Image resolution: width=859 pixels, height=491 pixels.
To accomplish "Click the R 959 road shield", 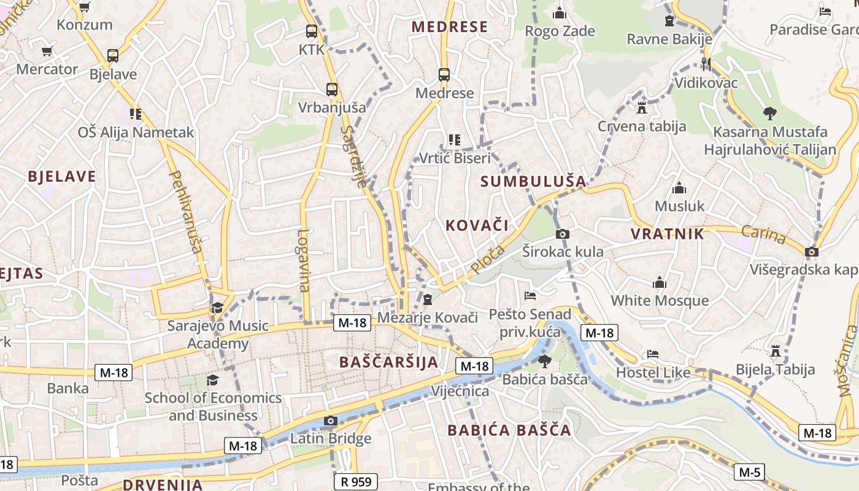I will click(356, 482).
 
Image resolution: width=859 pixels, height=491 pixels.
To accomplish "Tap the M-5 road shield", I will click(750, 472).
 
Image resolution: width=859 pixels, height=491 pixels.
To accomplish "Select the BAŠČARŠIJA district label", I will click(389, 362).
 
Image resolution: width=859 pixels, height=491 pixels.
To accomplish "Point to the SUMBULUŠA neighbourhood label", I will click(533, 181).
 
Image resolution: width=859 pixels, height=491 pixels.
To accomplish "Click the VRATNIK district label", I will click(668, 234).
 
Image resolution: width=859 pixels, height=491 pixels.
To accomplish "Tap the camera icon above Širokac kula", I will click(562, 234).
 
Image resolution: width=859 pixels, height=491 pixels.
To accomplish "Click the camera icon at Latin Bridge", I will click(331, 420).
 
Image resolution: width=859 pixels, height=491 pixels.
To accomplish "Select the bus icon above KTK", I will click(312, 31).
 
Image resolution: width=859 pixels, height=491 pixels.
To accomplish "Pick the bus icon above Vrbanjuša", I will click(332, 89).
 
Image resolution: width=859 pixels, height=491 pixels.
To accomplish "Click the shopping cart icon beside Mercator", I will click(47, 51).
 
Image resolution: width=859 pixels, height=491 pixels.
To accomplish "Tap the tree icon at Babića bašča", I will click(544, 361).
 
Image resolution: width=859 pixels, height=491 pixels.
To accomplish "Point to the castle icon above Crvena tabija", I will click(642, 108).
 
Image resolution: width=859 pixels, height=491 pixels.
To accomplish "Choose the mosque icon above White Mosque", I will click(660, 282).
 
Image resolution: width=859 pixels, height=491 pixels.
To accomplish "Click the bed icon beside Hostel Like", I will click(653, 354).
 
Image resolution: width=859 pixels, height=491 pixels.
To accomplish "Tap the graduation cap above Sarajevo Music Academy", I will click(217, 307).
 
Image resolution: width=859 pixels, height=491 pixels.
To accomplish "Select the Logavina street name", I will click(304, 260).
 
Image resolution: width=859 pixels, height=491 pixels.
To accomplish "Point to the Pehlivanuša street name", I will click(185, 212).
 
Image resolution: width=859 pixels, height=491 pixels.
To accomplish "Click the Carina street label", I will click(763, 234).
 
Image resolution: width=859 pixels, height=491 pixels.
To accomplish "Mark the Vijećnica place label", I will click(460, 392).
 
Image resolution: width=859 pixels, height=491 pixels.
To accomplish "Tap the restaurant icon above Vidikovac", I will click(706, 64).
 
